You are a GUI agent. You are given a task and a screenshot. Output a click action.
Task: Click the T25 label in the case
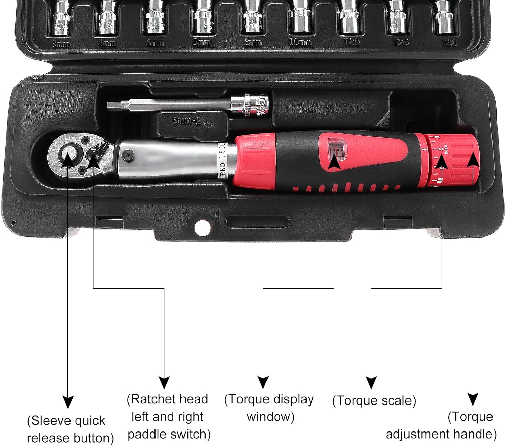(x=400, y=42)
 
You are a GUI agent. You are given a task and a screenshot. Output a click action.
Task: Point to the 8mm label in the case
(x=253, y=43)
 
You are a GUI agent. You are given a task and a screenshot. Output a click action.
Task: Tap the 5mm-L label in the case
(x=187, y=121)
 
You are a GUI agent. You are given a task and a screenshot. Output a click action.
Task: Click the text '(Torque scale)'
(x=374, y=401)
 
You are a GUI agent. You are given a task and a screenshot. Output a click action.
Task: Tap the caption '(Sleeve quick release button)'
(x=70, y=429)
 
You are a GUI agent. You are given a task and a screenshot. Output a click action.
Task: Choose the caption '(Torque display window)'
(x=269, y=408)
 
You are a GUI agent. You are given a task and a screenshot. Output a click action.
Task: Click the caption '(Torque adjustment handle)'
(x=441, y=425)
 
